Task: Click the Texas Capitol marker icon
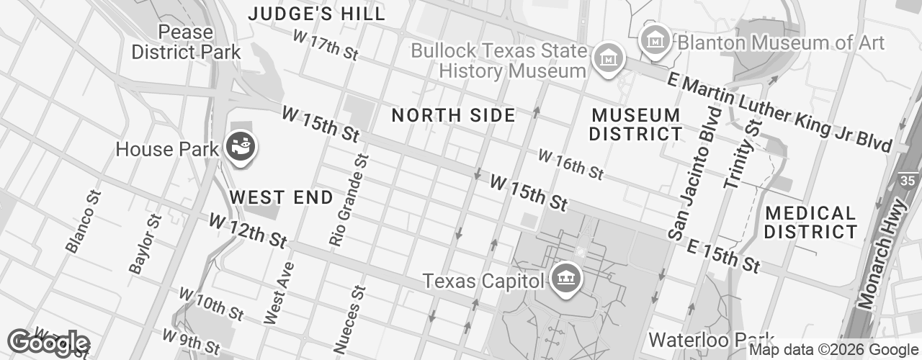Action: pyautogui.click(x=565, y=279)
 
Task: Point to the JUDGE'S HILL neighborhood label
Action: pyautogui.click(x=317, y=14)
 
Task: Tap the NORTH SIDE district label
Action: pyautogui.click(x=454, y=115)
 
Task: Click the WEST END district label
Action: pyautogui.click(x=281, y=197)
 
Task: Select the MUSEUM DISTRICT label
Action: pyautogui.click(x=635, y=124)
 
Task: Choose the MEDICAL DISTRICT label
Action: pyautogui.click(x=810, y=222)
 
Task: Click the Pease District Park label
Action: pyautogui.click(x=187, y=42)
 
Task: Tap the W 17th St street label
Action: pyautogui.click(x=326, y=45)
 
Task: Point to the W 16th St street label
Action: pyautogui.click(x=570, y=165)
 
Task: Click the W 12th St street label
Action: pyautogui.click(x=248, y=231)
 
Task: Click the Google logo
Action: pyautogui.click(x=48, y=343)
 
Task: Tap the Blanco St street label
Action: pyautogui.click(x=84, y=222)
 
